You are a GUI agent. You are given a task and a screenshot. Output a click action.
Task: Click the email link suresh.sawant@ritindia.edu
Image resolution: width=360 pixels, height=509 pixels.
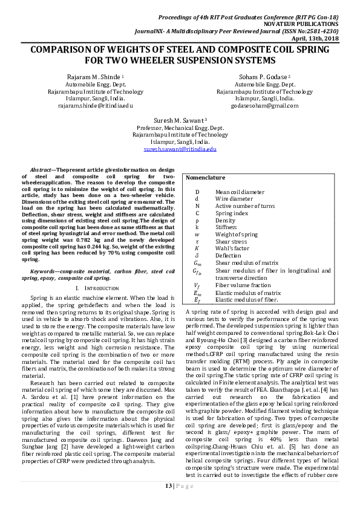180,148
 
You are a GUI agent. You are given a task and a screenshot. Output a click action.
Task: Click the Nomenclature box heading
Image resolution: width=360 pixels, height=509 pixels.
205,178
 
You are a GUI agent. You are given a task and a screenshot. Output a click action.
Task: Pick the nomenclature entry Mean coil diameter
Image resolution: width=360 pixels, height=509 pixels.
240,192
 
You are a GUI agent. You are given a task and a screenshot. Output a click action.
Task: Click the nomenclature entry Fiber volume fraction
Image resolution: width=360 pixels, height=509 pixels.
243,285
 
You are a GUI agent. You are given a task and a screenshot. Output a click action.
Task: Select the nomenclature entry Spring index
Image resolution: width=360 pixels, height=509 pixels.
231,213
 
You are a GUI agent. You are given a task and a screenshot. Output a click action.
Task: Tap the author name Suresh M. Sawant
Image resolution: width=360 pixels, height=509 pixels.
179,120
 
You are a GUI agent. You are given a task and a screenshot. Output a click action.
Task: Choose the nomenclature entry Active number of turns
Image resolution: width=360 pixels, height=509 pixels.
244,206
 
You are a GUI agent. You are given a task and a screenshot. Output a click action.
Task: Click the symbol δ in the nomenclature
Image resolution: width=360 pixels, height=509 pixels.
197,255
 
